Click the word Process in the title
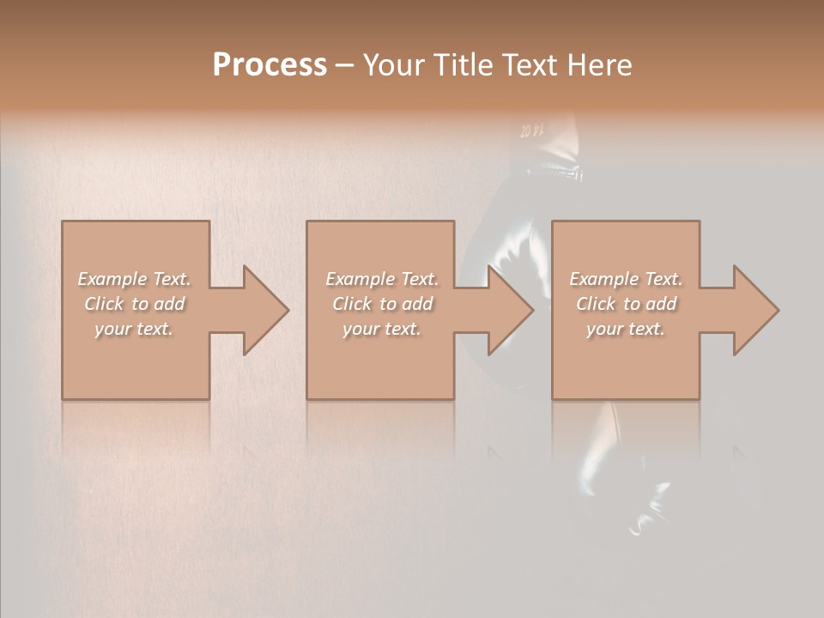pos(270,65)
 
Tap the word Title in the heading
pos(464,65)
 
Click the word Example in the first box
pos(112,279)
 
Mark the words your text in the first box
pos(135,329)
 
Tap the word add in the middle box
pos(417,304)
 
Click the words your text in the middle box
pos(382,329)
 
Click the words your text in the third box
pos(626,329)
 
